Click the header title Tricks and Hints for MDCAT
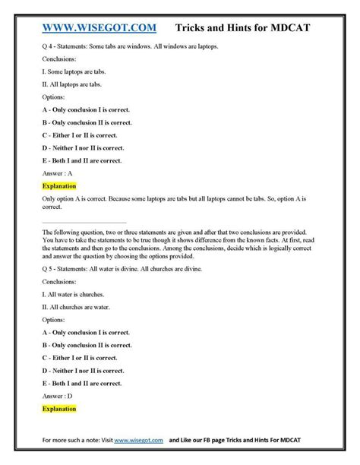[x=254, y=29]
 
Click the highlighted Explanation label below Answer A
[x=60, y=186]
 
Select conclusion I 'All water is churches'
[x=72, y=295]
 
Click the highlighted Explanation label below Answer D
[x=60, y=409]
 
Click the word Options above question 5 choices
[x=55, y=320]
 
